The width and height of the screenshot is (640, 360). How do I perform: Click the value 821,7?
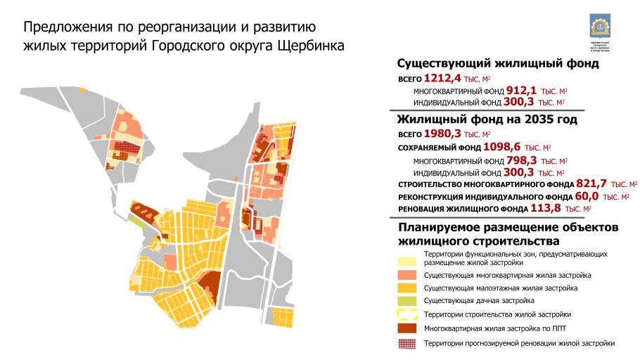(587, 184)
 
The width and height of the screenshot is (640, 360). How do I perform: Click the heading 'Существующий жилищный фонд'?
(498, 63)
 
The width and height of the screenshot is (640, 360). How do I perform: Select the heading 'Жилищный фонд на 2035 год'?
(487, 120)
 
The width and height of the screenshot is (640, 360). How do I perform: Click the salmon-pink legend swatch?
(408, 275)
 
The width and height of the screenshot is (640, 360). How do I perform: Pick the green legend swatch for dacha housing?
(408, 301)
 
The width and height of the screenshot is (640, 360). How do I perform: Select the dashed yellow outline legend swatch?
(408, 314)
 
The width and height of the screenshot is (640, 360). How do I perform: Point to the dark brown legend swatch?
(408, 328)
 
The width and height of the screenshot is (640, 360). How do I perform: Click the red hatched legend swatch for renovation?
(408, 343)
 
